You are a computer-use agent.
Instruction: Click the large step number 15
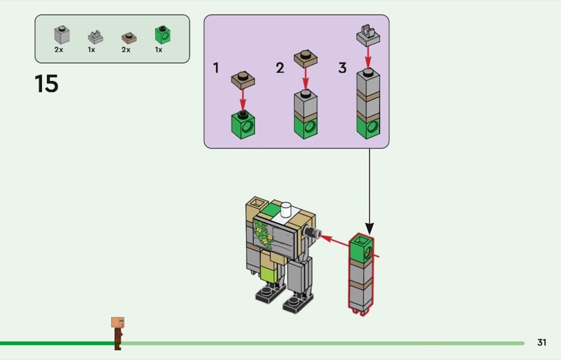click(46, 84)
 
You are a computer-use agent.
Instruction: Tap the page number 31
click(541, 342)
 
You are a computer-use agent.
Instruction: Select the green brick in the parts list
click(163, 34)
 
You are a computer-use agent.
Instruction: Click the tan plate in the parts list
click(128, 36)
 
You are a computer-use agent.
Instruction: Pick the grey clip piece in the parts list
click(95, 36)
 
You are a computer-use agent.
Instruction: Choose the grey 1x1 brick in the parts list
click(61, 35)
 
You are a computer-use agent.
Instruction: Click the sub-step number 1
click(217, 68)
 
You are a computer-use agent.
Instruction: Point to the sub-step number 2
click(280, 68)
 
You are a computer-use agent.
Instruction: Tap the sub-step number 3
click(342, 68)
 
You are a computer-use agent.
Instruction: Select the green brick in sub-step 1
click(243, 124)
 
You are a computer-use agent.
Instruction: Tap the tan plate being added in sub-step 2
click(305, 58)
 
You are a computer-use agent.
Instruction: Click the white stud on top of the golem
click(286, 208)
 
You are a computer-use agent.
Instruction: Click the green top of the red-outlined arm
click(361, 247)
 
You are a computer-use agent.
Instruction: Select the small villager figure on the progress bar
click(118, 332)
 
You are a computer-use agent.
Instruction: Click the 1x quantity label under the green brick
click(159, 51)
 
